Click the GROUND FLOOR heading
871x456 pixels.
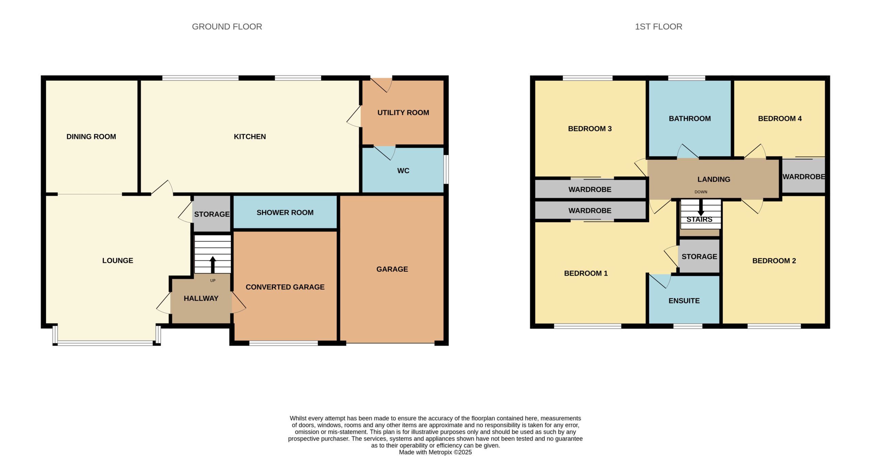[227, 27]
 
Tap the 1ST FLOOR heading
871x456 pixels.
[658, 27]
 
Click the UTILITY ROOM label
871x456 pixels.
[403, 112]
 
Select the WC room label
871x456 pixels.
[403, 171]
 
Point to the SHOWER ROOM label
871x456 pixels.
[285, 212]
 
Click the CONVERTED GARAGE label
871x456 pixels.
[285, 287]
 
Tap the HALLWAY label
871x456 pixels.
[201, 298]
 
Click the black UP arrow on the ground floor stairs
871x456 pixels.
[213, 265]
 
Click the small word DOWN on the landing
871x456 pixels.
[701, 192]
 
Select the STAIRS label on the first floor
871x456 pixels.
[699, 220]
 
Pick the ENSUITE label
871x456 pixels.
[684, 301]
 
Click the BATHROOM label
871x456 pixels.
[690, 119]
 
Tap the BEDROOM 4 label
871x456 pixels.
[780, 119]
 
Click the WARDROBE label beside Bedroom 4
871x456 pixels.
[804, 177]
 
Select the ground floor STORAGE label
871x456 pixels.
[212, 214]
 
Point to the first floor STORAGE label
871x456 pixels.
[699, 257]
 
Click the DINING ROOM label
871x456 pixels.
[91, 137]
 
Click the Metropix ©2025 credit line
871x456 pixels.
[435, 452]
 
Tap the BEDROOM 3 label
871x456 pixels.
[590, 129]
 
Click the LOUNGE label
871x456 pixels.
[118, 261]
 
